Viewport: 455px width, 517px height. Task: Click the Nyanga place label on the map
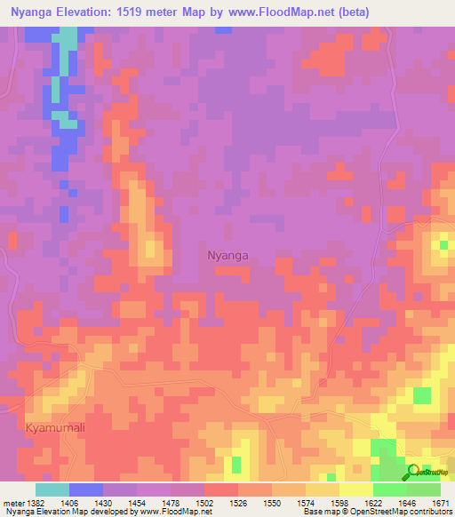coord(227,255)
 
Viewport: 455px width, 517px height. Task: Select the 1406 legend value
coord(70,503)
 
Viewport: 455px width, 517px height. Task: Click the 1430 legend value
coord(104,503)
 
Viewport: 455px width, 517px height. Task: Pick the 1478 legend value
coord(172,503)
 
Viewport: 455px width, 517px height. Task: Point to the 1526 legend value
coord(239,503)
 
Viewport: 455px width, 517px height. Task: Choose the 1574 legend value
coord(307,503)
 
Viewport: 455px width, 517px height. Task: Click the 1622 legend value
coord(374,503)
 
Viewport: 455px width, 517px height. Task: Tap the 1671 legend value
coord(441,503)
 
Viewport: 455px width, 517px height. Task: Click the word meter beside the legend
coord(12,503)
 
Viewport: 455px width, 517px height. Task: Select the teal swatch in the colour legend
coord(52,489)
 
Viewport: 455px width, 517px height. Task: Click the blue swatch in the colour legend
coord(86,489)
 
